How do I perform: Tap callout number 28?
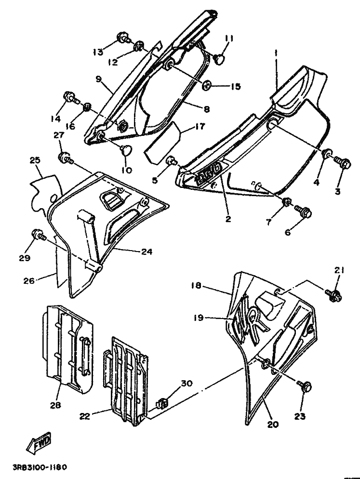[x=55, y=405]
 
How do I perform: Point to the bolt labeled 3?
[x=343, y=163]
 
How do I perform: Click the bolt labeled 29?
[x=38, y=235]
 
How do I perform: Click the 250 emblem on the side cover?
[x=209, y=174]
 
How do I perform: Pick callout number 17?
[x=199, y=127]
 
